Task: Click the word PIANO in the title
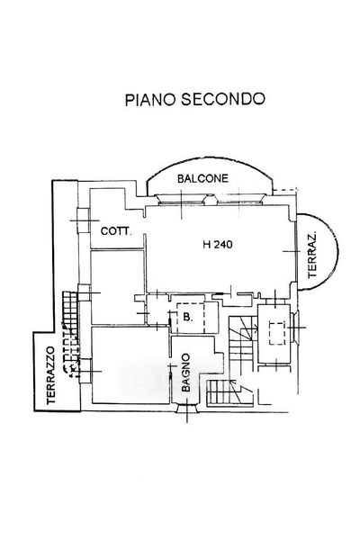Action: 151,99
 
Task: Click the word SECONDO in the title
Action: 223,99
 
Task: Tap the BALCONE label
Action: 202,178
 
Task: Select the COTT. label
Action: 116,231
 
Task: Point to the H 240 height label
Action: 218,245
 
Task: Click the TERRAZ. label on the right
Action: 312,256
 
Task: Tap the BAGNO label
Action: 185,373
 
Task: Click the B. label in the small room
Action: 187,317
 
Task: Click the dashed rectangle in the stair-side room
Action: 277,333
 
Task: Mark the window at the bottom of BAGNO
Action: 187,408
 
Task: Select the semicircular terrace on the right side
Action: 318,252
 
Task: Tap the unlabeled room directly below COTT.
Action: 117,287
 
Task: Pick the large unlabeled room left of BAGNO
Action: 130,365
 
